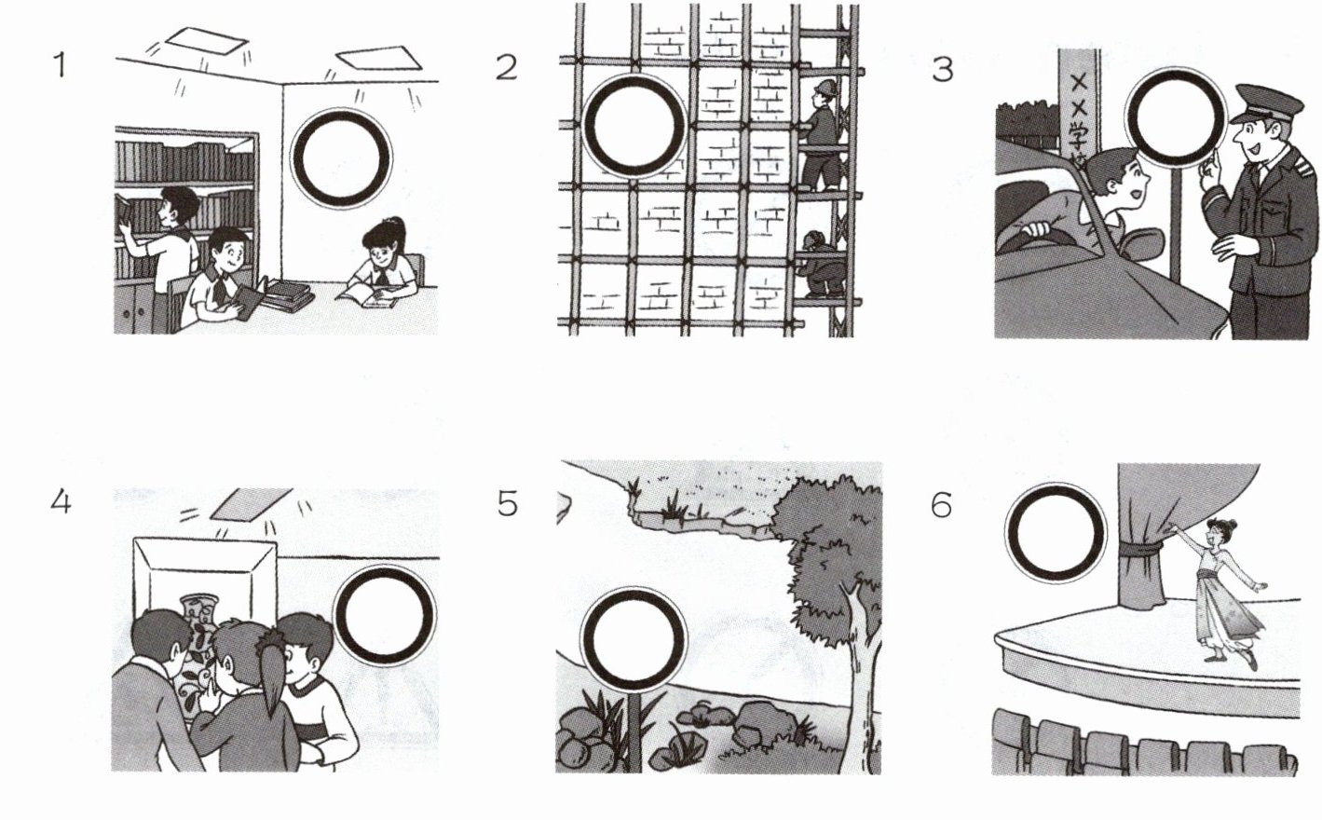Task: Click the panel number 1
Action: click(x=60, y=65)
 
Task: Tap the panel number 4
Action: click(x=60, y=502)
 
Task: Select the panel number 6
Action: click(x=941, y=505)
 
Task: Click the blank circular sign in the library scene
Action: click(x=341, y=157)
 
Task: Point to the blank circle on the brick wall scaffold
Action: click(x=634, y=126)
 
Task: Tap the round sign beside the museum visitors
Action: click(x=384, y=615)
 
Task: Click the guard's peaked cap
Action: click(x=1257, y=101)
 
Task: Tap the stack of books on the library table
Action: click(x=287, y=296)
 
